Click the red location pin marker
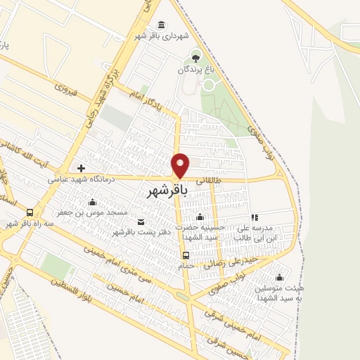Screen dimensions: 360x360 click(x=181, y=165)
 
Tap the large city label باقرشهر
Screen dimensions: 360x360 click(x=169, y=190)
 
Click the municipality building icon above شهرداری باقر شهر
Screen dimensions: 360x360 click(x=162, y=25)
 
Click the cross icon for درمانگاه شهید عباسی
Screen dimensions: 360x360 click(x=82, y=168)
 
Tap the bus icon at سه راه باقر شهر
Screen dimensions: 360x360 click(x=30, y=212)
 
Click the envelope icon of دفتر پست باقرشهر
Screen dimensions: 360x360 click(x=141, y=222)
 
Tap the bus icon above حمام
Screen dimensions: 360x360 click(x=186, y=255)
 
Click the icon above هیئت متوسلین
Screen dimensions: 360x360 click(x=279, y=277)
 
